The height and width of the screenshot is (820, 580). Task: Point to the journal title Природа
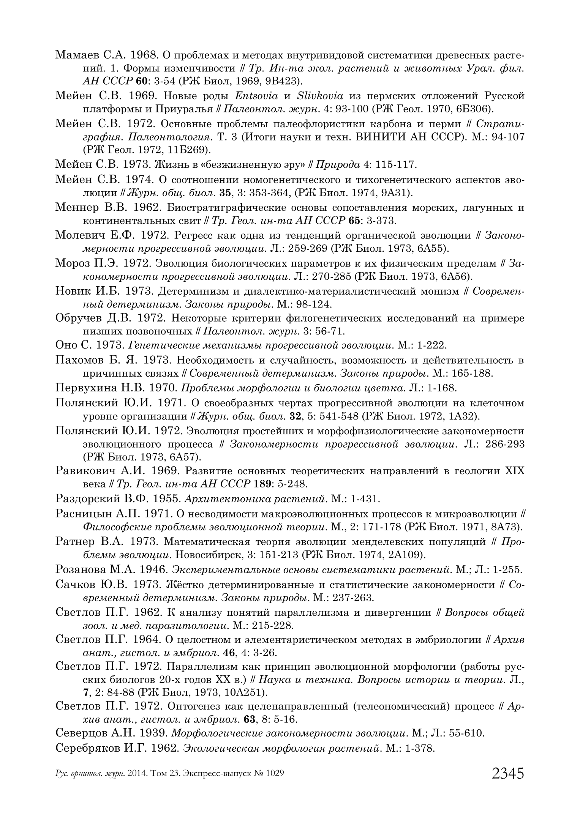pos(338,165)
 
